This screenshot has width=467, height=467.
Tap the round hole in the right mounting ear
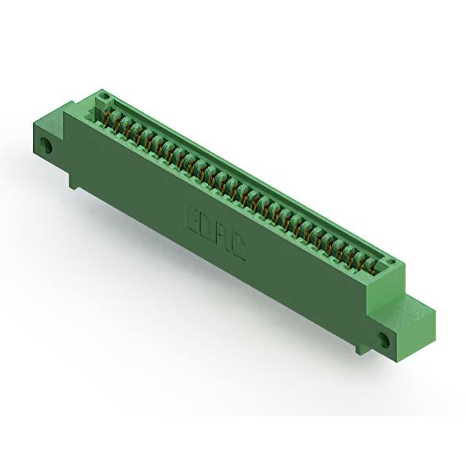[384, 338]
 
